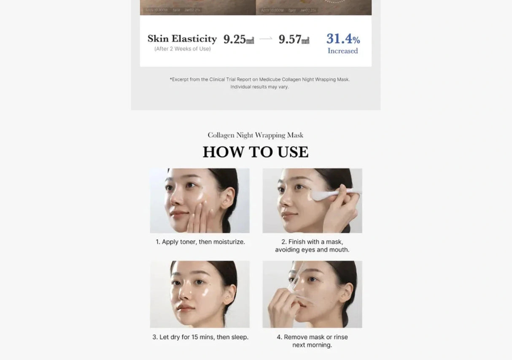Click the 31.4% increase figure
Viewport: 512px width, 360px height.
coord(343,39)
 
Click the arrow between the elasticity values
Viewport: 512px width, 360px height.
coord(266,39)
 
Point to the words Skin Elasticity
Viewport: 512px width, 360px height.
coord(182,39)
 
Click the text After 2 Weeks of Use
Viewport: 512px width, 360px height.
coord(182,49)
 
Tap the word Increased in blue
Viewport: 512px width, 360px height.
coord(342,51)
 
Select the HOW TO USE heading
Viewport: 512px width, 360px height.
coord(256,152)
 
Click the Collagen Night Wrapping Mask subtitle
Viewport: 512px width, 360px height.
coord(256,135)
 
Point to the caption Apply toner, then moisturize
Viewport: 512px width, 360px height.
coord(200,242)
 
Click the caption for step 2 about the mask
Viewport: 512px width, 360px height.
coord(312,246)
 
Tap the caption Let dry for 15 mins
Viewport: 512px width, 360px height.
coord(200,337)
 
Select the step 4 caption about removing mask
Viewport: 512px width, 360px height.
coord(312,341)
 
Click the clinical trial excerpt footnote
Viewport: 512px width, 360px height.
coord(259,83)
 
